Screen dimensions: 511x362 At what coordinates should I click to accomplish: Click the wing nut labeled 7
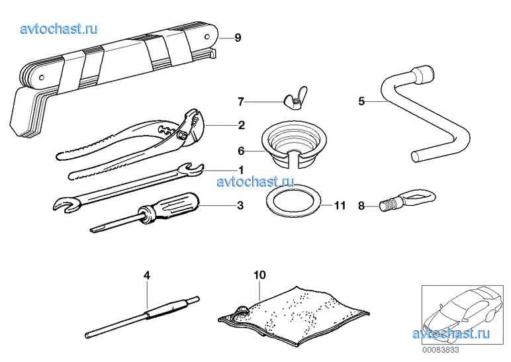[296, 99]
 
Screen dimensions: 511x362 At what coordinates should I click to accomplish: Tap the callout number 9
[238, 38]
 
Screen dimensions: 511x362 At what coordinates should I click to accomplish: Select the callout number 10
[259, 275]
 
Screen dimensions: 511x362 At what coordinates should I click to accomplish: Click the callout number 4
[147, 276]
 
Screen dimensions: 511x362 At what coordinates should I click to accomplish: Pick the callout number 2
[241, 125]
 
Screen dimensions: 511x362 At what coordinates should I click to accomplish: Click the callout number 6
[241, 151]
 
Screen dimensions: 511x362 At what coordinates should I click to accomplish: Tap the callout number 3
[240, 206]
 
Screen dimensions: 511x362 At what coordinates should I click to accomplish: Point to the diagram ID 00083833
[441, 350]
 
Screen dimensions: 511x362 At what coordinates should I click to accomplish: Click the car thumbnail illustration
[462, 315]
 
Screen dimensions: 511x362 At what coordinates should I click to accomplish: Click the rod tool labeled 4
[142, 317]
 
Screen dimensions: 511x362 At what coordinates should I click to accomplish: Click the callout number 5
[361, 101]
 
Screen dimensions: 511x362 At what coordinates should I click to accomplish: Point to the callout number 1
[241, 170]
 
